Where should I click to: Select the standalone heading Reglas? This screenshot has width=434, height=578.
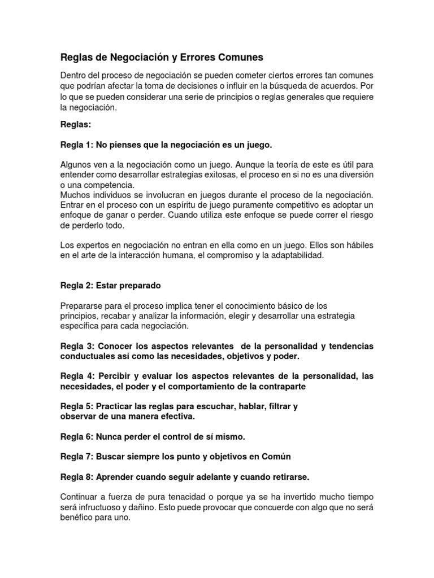76,124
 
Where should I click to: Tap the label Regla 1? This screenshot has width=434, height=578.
77,145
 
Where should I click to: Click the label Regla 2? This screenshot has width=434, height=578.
77,285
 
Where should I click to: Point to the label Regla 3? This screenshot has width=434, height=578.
77,345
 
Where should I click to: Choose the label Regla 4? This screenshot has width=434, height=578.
77,376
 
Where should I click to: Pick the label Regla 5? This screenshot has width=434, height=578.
77,406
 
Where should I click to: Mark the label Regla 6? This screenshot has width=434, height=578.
77,437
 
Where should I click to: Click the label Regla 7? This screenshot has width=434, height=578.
77,456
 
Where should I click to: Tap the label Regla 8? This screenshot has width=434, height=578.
77,477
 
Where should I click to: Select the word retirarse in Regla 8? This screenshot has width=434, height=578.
289,477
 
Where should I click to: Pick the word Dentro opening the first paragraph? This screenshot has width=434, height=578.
74,76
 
